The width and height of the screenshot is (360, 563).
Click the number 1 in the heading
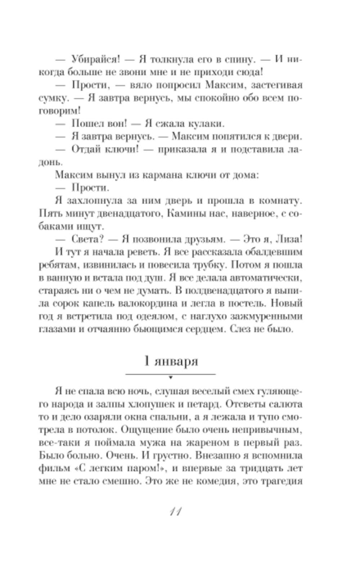pyautogui.click(x=147, y=361)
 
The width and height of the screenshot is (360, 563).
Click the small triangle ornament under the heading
pyautogui.click(x=170, y=377)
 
